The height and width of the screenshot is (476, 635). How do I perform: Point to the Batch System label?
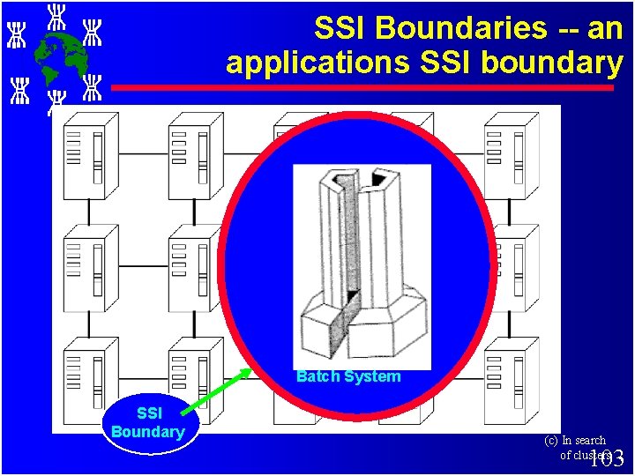(348, 376)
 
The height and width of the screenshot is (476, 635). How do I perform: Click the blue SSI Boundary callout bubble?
(148, 422)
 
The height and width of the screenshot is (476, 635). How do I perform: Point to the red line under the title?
(362, 88)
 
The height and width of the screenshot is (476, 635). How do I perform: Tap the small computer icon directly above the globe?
(56, 16)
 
